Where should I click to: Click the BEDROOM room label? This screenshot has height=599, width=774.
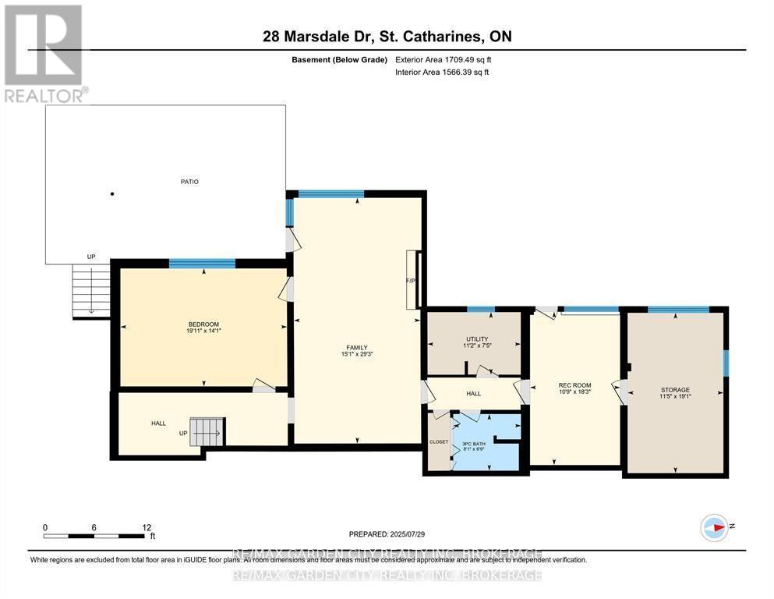pos(203,324)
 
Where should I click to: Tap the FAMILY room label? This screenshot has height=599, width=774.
pos(357,348)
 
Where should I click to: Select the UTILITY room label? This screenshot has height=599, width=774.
pos(476,339)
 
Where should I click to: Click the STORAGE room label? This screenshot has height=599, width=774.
pos(674,390)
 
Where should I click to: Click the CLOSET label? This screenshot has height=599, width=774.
pos(439,441)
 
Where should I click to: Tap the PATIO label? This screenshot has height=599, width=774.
pos(189,182)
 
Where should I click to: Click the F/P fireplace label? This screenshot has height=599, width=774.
pos(410,281)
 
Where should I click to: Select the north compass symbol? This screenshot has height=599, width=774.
pos(714,528)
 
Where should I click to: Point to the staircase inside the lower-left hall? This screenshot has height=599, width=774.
pos(207,431)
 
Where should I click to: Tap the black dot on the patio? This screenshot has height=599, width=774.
pos(112,194)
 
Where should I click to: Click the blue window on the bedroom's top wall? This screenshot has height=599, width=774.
pos(202,264)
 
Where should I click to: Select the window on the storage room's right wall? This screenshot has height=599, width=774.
pos(725,363)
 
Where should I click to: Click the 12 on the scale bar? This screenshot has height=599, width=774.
pos(147,527)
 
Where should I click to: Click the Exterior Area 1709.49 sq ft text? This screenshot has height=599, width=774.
pos(444,59)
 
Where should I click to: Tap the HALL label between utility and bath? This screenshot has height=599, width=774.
pos(473,394)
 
